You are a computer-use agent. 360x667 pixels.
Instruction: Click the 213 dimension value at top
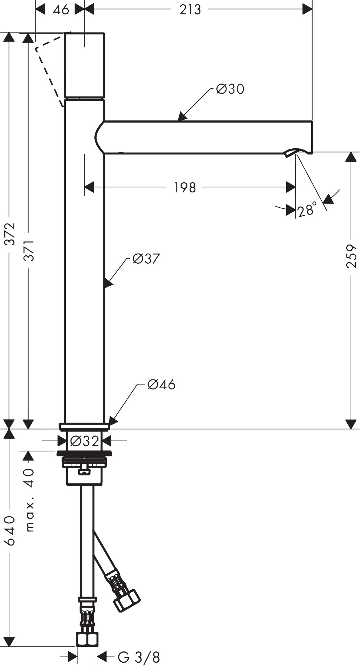pos(190,9)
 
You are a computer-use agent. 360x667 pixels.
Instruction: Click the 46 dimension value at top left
pos(60,9)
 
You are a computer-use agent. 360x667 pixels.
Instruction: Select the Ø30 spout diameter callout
pos(230,89)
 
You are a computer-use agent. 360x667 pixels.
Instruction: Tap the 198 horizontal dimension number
pos(185,187)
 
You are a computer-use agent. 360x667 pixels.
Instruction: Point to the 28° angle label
pos(306,209)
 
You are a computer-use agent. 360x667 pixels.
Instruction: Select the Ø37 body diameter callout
pos(146,259)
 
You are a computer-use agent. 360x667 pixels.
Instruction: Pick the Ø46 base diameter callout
pos(161,385)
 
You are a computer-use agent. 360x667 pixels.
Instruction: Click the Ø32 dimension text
pos(84,441)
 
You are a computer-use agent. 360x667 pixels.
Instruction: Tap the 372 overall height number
pos(9,234)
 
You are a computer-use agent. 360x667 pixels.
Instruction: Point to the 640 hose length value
pos(9,531)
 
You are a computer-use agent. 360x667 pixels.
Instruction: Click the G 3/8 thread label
pos(139,657)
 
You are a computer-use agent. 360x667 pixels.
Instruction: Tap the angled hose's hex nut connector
pos(127,601)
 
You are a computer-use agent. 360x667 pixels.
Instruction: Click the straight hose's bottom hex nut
pos(87,639)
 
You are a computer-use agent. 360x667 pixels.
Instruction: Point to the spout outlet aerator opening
pos(298,152)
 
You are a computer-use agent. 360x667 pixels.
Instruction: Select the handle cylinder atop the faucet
pos(84,65)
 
